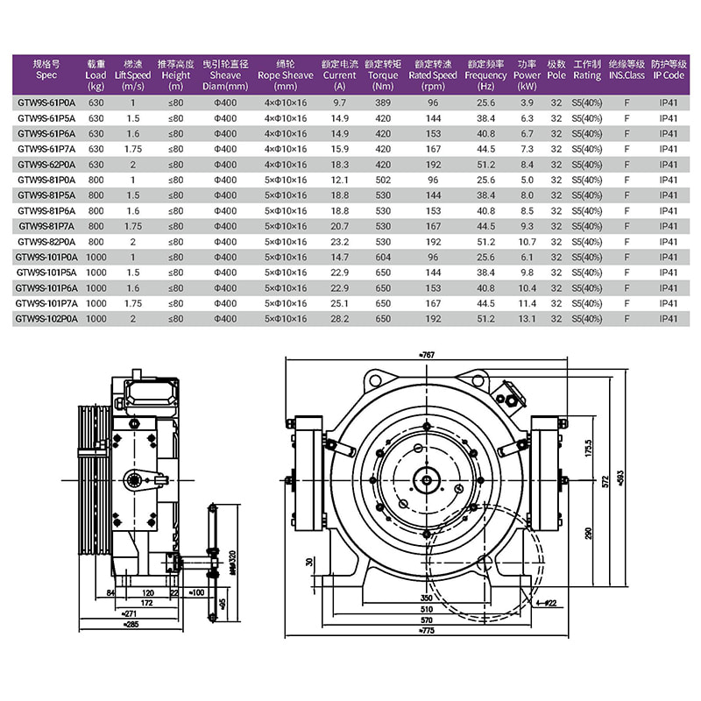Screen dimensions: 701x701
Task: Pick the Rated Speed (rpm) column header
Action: [433, 75]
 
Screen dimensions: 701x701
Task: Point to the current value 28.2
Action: [340, 318]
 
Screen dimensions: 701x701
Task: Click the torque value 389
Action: [382, 103]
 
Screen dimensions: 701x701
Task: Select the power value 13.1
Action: [527, 318]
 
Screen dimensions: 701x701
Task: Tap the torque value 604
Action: [382, 257]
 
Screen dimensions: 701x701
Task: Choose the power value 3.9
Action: [527, 103]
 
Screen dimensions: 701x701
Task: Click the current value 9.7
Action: [340, 103]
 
